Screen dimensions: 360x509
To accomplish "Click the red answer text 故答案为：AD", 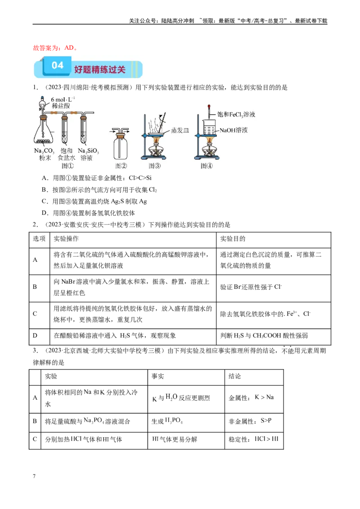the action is point(55,48).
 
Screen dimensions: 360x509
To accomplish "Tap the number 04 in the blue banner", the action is point(58,66).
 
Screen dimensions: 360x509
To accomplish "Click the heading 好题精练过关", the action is point(100,69).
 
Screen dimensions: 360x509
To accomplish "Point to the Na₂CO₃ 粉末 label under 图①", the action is point(45,154).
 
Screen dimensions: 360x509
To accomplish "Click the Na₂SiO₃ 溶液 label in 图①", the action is point(88,154).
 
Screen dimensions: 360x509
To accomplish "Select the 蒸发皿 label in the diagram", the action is point(180,130).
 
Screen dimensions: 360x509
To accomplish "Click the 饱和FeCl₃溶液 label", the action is point(236,114).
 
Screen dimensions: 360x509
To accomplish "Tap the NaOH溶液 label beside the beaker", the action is point(234,130).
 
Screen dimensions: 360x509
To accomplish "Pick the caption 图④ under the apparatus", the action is point(206,166).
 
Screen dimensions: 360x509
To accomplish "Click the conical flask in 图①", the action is point(44,131).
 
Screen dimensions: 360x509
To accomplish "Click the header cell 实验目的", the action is point(233,239).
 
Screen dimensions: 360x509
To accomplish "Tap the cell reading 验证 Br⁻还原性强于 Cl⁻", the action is point(251,287).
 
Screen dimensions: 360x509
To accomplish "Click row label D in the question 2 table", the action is point(35,335).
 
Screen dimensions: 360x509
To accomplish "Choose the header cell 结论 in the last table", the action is point(234,376).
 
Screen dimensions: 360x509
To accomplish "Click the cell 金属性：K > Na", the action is point(251,397).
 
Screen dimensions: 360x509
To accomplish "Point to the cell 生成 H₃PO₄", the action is point(167,421).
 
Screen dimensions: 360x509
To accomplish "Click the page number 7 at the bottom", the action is point(34,476).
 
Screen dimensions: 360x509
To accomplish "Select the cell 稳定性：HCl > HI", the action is point(253,439).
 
